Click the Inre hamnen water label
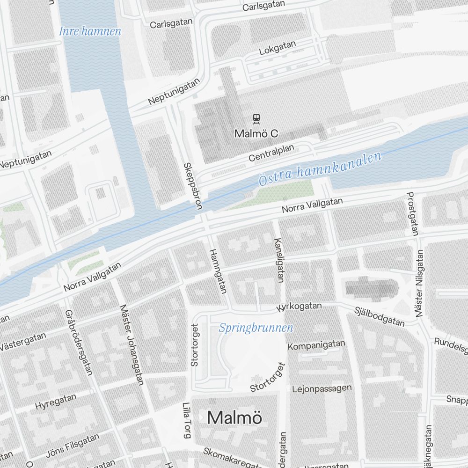click(x=90, y=32)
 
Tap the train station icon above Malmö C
click(x=256, y=118)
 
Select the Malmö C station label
click(x=256, y=134)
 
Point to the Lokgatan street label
click(x=278, y=48)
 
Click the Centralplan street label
click(x=271, y=153)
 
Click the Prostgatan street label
click(x=412, y=213)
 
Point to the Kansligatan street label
click(x=278, y=260)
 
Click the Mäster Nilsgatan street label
click(x=419, y=283)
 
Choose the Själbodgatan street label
click(x=379, y=316)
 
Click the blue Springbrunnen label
click(x=256, y=328)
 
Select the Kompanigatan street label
click(x=316, y=345)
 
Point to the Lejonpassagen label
click(x=322, y=388)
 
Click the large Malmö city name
click(x=234, y=417)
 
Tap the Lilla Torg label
click(x=187, y=420)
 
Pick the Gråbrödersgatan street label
click(x=79, y=342)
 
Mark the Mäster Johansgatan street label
click(x=131, y=345)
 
